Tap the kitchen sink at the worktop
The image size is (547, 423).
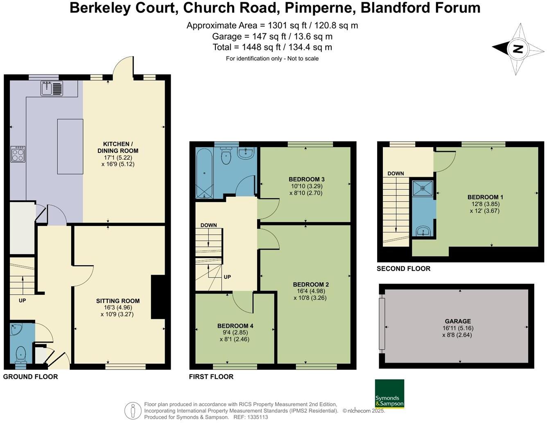point(52,88)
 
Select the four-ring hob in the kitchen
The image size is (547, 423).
point(18,154)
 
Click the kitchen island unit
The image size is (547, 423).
point(70,146)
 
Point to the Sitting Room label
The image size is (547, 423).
point(118,301)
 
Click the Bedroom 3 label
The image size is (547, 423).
point(306,179)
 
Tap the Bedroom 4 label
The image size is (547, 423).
point(235,326)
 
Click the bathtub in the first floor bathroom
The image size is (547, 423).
point(204,173)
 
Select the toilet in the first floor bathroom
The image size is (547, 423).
point(226,156)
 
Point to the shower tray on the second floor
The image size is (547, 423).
point(422,188)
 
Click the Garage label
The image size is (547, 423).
point(458,321)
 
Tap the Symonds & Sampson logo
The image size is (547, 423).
point(389,394)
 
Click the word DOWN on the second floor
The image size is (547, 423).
point(396,173)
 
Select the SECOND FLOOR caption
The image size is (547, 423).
point(403,269)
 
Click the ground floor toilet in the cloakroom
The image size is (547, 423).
point(20,355)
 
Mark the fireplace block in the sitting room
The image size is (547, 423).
point(157,297)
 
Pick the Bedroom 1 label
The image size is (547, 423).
point(485,197)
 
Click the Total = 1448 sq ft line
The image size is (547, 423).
point(272,47)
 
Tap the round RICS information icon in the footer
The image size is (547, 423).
point(133,410)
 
